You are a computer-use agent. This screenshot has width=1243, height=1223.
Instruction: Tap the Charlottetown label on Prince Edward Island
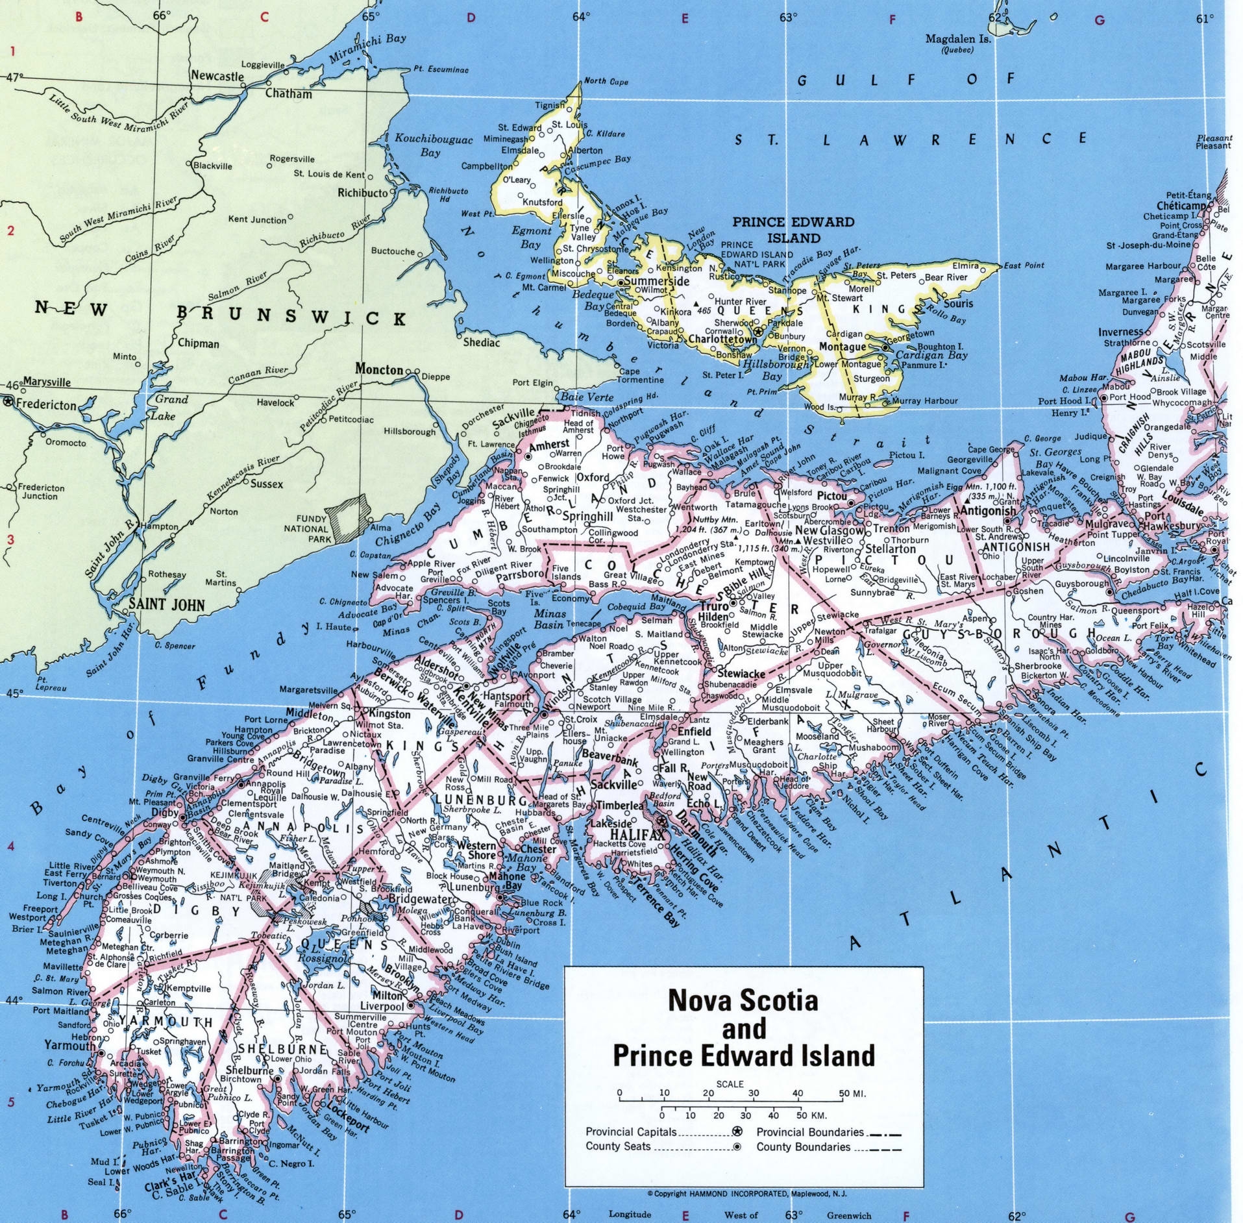[x=722, y=339]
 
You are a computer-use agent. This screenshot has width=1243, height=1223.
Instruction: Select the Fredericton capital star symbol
[x=8, y=402]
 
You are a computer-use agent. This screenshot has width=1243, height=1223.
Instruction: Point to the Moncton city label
[x=378, y=369]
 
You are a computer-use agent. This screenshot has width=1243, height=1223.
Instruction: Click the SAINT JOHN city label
[x=166, y=605]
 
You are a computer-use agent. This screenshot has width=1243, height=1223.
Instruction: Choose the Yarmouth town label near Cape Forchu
[x=69, y=1045]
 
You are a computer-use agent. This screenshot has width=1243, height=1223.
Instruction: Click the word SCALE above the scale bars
[x=730, y=1083]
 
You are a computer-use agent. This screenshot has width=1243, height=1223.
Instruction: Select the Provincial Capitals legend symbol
[x=737, y=1131]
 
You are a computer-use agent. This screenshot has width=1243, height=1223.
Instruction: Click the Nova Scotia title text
[x=743, y=1000]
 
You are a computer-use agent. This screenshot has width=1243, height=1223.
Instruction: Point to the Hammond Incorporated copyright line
[x=746, y=1193]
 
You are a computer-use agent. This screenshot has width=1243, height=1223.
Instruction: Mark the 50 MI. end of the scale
[x=851, y=1094]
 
